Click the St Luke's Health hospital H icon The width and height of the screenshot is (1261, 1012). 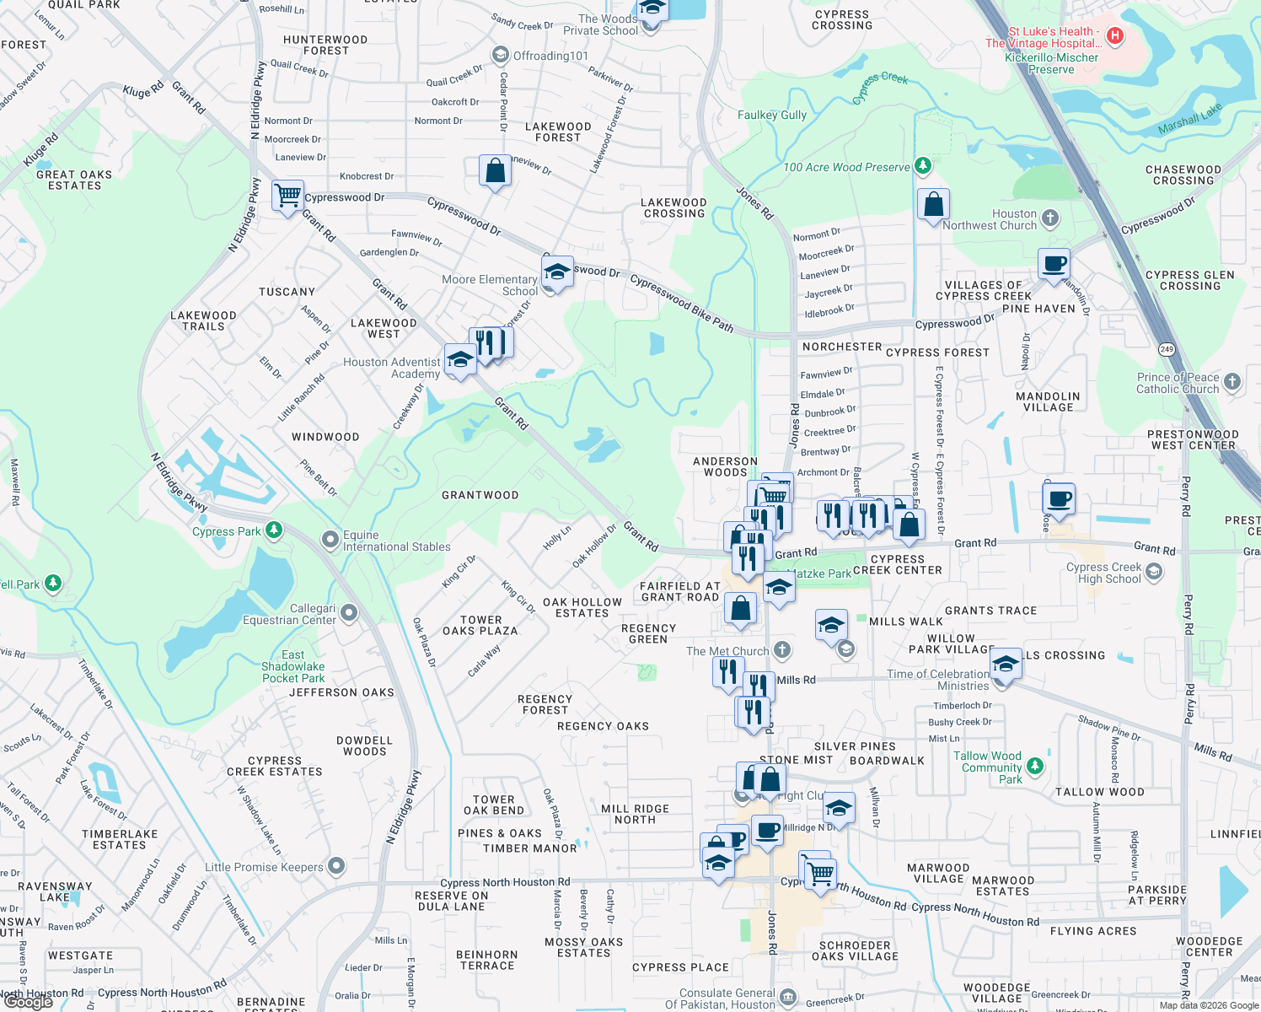pyautogui.click(x=1115, y=35)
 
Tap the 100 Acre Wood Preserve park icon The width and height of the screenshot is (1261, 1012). pyautogui.click(x=923, y=165)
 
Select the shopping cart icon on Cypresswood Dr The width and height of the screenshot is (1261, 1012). pyautogui.click(x=287, y=195)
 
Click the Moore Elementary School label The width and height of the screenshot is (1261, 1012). pyautogui.click(x=490, y=285)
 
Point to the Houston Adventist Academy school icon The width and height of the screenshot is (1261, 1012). pyautogui.click(x=459, y=360)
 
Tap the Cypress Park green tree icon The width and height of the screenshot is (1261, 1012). pyautogui.click(x=273, y=530)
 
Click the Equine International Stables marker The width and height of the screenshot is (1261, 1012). pyautogui.click(x=330, y=539)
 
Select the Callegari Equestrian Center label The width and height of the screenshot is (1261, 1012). pyautogui.click(x=289, y=614)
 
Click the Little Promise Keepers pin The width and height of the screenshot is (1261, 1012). pyautogui.click(x=336, y=866)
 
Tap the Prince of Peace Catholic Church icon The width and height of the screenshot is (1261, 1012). pyautogui.click(x=1232, y=381)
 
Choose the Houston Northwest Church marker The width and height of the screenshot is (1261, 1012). pyautogui.click(x=1050, y=218)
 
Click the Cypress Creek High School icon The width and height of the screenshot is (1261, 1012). pyautogui.click(x=1154, y=572)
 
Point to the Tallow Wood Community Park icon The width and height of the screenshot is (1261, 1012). pyautogui.click(x=1035, y=766)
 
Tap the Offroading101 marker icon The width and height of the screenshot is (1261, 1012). pyautogui.click(x=500, y=56)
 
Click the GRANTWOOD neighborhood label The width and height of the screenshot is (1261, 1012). pyautogui.click(x=480, y=495)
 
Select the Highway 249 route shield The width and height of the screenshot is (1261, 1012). pyautogui.click(x=1167, y=349)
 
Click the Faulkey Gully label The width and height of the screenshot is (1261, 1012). pyautogui.click(x=772, y=115)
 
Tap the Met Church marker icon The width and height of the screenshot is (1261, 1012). pyautogui.click(x=782, y=649)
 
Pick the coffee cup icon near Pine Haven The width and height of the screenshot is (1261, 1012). pyautogui.click(x=1054, y=264)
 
